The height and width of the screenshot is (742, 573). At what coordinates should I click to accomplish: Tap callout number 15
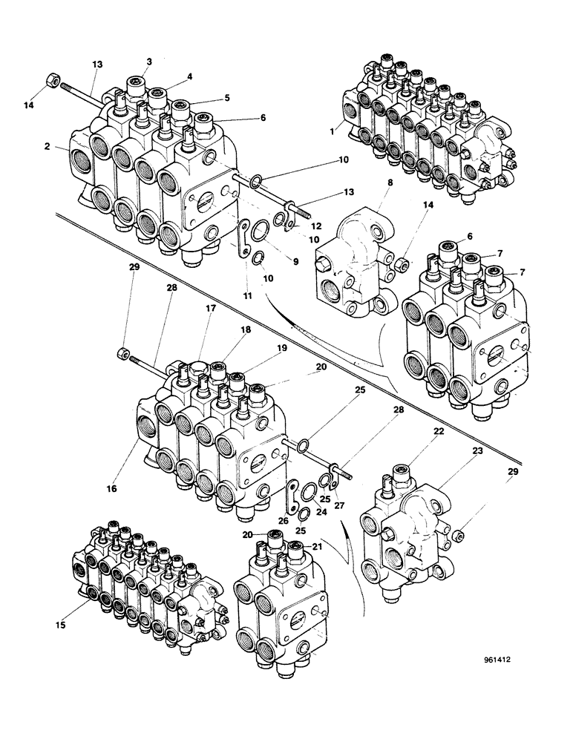(x=62, y=626)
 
